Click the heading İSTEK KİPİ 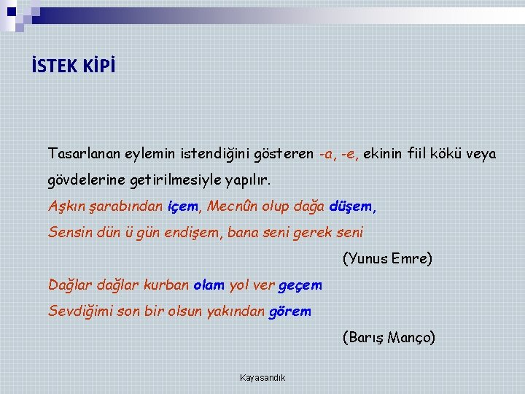point(73,66)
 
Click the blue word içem point(182,206)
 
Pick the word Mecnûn point(230,206)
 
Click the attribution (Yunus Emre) point(387,258)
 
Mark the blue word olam point(209,285)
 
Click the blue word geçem point(300,285)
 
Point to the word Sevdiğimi point(79,311)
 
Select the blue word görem point(290,311)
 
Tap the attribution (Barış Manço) point(389,337)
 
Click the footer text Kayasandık point(262,377)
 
